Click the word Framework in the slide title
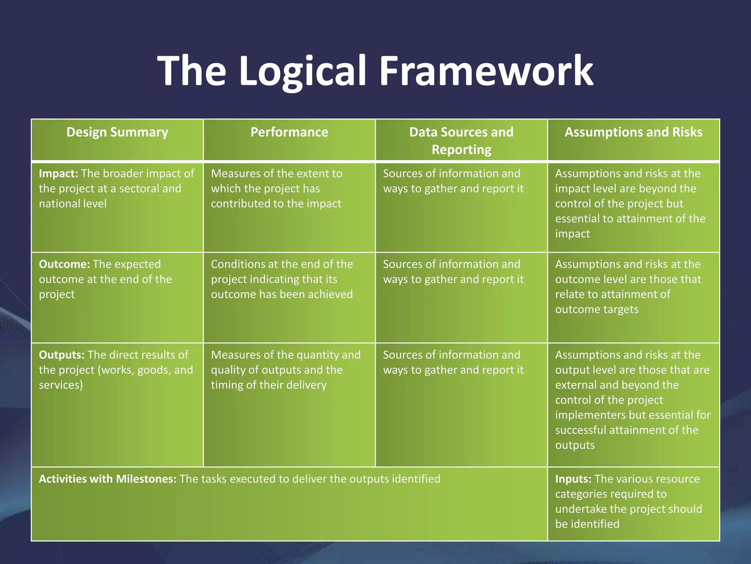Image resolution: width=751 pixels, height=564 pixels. [x=486, y=70]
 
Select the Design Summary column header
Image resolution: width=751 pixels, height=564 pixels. [x=117, y=132]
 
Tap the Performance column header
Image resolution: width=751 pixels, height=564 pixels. [x=289, y=132]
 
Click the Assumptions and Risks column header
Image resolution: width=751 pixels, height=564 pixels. [x=633, y=132]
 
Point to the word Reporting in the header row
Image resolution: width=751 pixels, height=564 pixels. [x=461, y=150]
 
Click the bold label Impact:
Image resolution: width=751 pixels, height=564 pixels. [x=58, y=174]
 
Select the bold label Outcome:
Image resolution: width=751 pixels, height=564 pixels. [x=64, y=264]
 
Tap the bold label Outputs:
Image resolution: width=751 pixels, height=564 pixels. [x=62, y=355]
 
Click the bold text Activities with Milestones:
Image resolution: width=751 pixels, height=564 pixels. [x=107, y=479]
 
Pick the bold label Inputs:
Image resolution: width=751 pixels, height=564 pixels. [x=573, y=479]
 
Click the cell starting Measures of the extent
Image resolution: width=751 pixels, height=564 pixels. [x=276, y=188]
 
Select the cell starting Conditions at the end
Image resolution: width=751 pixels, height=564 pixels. [x=282, y=279]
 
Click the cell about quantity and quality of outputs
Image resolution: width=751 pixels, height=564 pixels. [x=285, y=370]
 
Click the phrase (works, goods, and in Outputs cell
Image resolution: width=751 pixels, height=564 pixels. [x=145, y=370]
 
